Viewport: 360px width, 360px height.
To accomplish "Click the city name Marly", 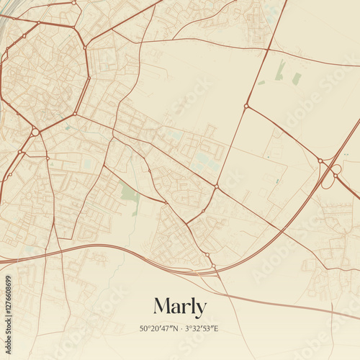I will pyautogui.click(x=180, y=307).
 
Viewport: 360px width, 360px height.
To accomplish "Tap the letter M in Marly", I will pyautogui.click(x=162, y=306).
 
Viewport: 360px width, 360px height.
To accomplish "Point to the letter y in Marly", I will pyautogui.click(x=201, y=309).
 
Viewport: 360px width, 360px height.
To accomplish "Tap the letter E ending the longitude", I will pyautogui.click(x=215, y=329).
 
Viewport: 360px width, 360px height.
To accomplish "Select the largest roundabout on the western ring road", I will pyautogui.click(x=35, y=132).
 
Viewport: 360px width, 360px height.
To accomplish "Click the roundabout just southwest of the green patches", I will pyautogui.click(x=246, y=107).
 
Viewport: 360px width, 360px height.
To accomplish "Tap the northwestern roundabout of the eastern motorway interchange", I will pyautogui.click(x=320, y=161).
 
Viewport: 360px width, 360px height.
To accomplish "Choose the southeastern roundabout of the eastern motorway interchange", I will pyautogui.click(x=336, y=176).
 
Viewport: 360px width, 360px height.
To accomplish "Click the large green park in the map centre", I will pyautogui.click(x=130, y=194).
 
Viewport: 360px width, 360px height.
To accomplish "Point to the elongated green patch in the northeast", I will pyautogui.click(x=280, y=69).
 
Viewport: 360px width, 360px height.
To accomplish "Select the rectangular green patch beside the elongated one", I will pyautogui.click(x=297, y=78).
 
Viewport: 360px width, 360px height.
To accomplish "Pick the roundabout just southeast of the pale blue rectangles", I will pyautogui.click(x=216, y=186).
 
